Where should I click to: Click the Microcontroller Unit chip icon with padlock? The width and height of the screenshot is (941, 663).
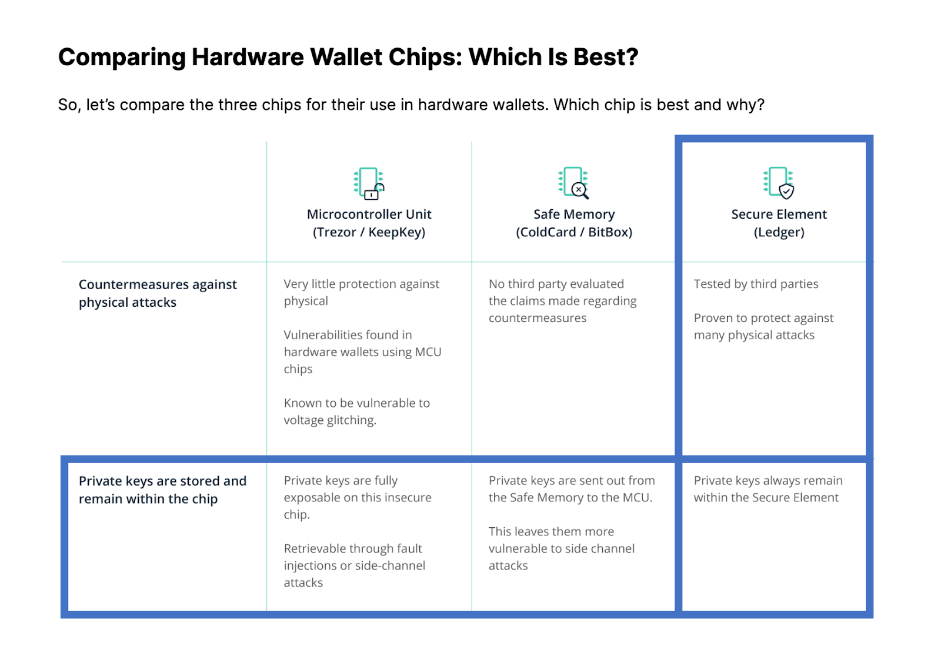(x=369, y=183)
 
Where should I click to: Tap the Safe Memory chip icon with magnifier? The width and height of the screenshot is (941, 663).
(x=573, y=183)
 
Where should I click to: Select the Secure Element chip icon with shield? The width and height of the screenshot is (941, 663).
(x=779, y=183)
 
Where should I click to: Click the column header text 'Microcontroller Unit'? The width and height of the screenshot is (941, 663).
(x=369, y=214)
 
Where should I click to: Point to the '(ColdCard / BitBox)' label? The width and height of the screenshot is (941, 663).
(x=574, y=232)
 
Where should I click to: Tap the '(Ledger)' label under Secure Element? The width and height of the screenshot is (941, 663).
(x=779, y=232)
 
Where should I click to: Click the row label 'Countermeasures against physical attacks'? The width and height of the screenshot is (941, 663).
(x=158, y=293)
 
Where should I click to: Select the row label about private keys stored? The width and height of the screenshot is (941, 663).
(x=162, y=490)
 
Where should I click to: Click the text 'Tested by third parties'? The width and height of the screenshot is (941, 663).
(x=756, y=284)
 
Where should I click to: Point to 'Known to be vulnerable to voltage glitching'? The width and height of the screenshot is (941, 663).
(x=356, y=411)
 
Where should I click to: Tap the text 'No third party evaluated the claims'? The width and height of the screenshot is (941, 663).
(x=562, y=292)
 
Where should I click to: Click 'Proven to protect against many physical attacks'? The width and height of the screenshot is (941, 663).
(x=763, y=326)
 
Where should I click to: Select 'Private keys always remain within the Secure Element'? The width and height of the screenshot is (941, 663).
(x=768, y=489)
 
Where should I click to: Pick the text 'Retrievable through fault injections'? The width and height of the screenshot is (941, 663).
(x=354, y=557)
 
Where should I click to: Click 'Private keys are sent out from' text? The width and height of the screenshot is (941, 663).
(x=571, y=480)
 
